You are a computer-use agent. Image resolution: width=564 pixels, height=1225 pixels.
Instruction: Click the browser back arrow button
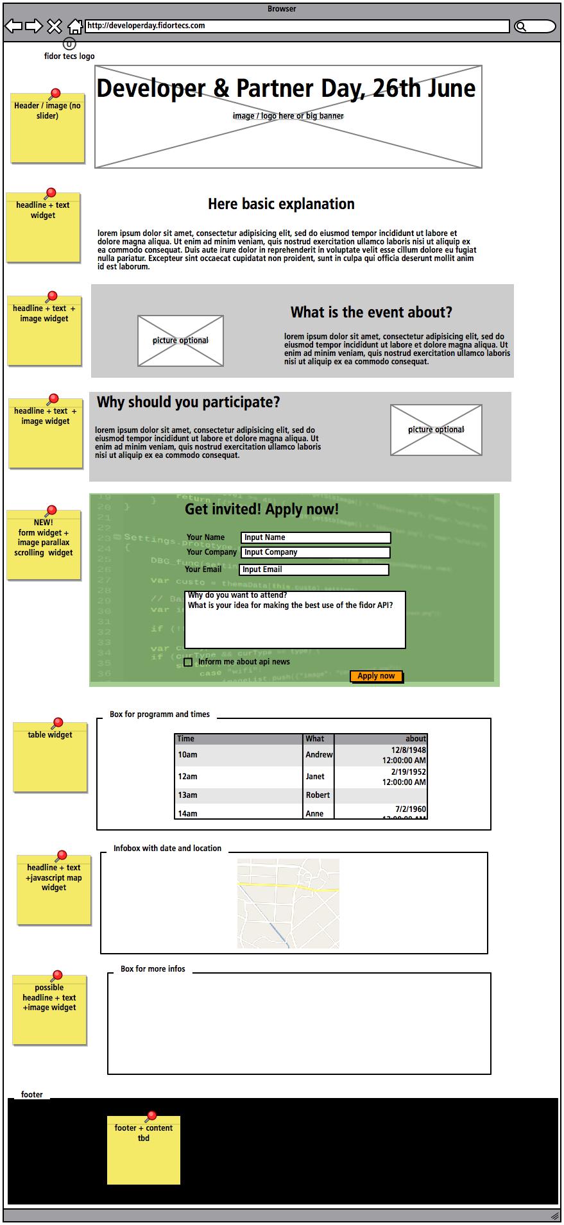coord(13,26)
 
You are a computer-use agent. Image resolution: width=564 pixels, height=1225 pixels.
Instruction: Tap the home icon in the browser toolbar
coord(75,26)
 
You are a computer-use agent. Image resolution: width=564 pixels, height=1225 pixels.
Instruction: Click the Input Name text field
coord(315,537)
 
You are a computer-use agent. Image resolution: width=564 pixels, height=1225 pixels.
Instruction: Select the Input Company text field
coord(315,552)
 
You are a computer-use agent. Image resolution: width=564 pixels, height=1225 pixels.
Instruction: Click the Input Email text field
coord(314,570)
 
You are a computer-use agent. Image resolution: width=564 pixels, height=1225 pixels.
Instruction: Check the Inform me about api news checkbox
coord(188,662)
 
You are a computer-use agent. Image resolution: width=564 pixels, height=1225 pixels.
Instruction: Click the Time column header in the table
coord(238,739)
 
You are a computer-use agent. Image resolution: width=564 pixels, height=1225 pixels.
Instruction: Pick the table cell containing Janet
coord(318,777)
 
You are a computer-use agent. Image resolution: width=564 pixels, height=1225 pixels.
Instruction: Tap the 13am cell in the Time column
coord(238,795)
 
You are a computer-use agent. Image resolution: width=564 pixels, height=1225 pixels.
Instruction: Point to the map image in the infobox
coord(288,904)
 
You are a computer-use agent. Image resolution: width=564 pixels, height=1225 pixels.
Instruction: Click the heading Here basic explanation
coord(281,204)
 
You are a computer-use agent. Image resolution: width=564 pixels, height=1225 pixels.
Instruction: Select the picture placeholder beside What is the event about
coord(180,341)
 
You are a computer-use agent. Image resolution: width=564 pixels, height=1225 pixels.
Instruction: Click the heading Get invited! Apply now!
coord(261,509)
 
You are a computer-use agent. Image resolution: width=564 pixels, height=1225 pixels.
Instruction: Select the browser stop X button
coord(55,26)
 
